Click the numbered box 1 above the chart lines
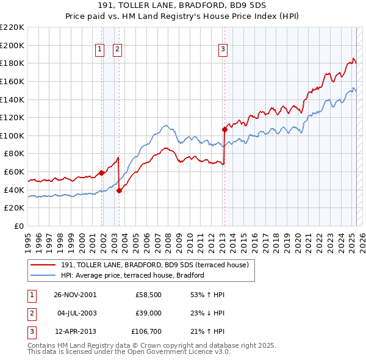[99, 50]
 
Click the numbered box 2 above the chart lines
[117, 50]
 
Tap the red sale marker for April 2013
[224, 129]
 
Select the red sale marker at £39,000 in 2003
[119, 190]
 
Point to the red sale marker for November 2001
[101, 173]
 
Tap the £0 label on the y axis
[18, 226]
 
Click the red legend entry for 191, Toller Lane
[154, 265]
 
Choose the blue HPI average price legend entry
[132, 276]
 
